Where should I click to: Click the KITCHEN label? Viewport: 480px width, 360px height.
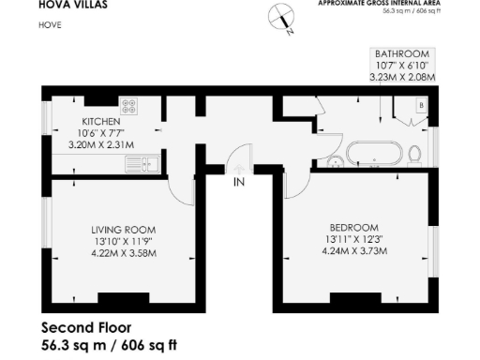(x=99, y=123)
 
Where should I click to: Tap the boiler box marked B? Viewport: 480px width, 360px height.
(x=421, y=107)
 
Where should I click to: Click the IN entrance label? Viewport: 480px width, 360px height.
(x=239, y=181)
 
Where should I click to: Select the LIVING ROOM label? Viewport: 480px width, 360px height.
(x=124, y=229)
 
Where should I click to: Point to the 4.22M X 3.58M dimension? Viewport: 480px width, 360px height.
(x=124, y=252)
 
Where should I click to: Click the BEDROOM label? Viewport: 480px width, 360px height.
(x=353, y=228)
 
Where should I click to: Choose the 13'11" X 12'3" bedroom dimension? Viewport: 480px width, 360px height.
(x=353, y=239)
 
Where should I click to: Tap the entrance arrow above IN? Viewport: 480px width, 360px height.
(x=239, y=166)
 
